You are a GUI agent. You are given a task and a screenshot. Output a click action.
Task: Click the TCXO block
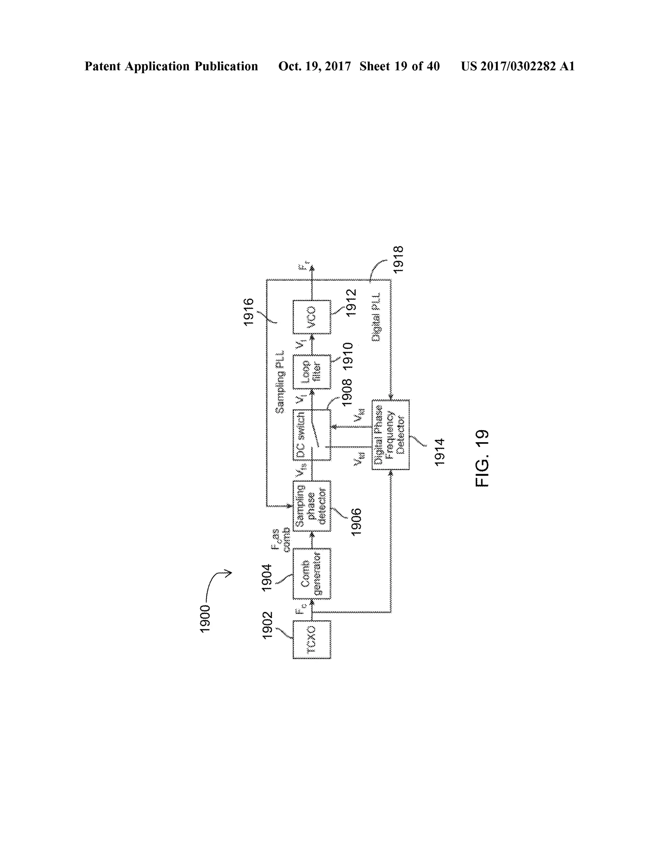point(312,640)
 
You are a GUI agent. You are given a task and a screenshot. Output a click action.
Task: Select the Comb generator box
point(312,574)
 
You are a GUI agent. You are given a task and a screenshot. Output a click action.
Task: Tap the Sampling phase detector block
point(312,506)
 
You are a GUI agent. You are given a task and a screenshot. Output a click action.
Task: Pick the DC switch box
point(312,435)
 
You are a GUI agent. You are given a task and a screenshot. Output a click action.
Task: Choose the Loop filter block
point(312,372)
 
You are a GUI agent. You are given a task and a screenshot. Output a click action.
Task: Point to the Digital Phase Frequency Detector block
point(390,435)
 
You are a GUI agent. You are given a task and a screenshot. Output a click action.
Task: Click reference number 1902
point(268,625)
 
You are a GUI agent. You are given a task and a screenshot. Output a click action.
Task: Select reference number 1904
point(267,577)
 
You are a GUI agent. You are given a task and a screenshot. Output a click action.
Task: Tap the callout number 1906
point(356,522)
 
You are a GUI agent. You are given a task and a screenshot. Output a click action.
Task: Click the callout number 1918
point(398,259)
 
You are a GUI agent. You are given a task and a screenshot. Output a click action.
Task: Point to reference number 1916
point(249,312)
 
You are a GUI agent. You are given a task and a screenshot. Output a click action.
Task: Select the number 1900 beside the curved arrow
point(205,619)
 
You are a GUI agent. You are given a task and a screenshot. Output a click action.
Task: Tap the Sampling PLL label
point(280,382)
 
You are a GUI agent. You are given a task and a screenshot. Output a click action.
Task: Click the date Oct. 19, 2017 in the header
point(314,66)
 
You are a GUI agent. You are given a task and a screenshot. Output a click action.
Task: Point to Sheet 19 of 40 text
point(400,66)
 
